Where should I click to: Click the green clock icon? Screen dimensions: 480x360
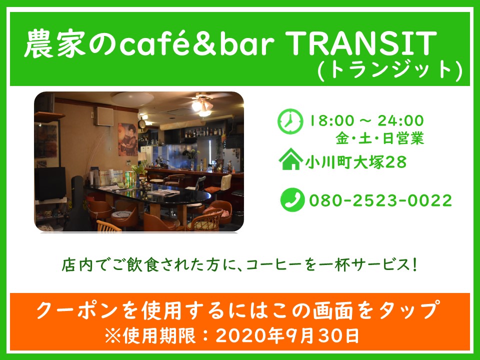click(290, 121)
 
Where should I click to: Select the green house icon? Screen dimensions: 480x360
click(290, 159)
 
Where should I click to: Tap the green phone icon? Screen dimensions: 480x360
click(292, 200)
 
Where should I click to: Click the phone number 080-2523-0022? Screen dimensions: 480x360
click(380, 200)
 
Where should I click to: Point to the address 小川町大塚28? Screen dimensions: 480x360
click(355, 162)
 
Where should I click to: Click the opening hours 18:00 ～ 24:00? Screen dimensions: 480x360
click(366, 120)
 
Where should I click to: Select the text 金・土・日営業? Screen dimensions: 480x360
click(379, 138)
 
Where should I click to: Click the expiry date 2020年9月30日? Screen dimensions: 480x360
click(287, 336)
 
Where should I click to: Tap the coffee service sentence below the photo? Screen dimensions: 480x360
click(239, 265)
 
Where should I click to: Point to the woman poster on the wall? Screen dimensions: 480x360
click(127, 139)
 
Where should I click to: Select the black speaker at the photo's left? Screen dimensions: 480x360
click(50, 183)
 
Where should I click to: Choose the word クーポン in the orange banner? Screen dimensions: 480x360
click(77, 310)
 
